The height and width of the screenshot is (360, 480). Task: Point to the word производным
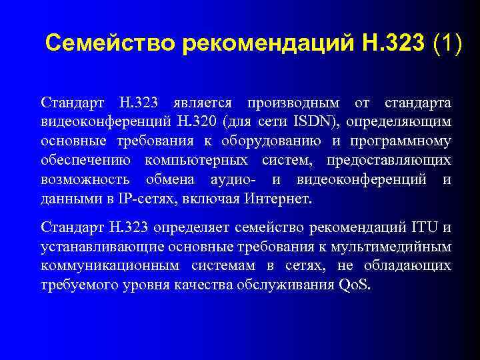[293, 103]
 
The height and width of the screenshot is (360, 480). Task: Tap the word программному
[407, 141]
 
